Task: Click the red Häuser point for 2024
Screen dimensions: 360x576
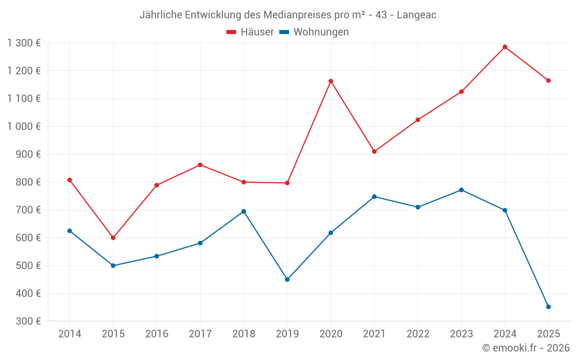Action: click(x=505, y=47)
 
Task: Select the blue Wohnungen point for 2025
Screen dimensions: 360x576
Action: click(x=548, y=307)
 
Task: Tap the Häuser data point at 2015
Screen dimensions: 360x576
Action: click(x=113, y=238)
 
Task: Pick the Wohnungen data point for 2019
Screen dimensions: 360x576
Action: click(x=287, y=279)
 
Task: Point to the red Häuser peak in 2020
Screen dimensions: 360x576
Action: click(x=331, y=81)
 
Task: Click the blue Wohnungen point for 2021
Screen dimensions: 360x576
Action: click(x=374, y=196)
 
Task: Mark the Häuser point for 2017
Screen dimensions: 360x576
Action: click(x=200, y=165)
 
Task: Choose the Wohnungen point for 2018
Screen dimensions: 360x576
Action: click(x=244, y=211)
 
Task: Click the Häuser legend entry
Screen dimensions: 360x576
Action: click(x=250, y=32)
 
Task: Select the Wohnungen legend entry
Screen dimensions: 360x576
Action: click(x=314, y=32)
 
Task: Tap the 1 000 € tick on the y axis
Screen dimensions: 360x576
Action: click(x=24, y=126)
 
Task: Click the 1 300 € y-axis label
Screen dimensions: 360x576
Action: click(x=24, y=43)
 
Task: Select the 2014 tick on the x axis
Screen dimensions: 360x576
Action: click(x=70, y=334)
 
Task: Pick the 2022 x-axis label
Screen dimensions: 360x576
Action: click(x=418, y=334)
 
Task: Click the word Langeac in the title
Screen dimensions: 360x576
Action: click(x=417, y=15)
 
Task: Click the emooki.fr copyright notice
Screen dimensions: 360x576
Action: click(x=526, y=348)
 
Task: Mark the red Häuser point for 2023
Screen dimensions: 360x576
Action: click(x=461, y=92)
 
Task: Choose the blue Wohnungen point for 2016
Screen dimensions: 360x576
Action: click(x=157, y=256)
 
